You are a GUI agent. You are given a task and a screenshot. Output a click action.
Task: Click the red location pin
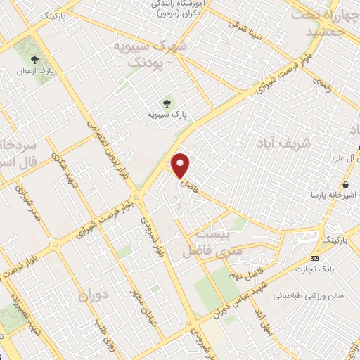tap(181, 165)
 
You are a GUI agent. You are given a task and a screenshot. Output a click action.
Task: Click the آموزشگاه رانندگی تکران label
tap(176, 8)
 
